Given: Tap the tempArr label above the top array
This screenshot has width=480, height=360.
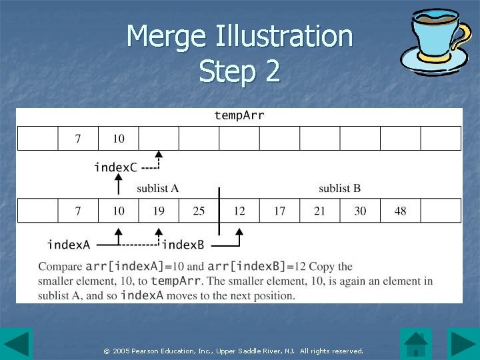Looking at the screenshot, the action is tap(239, 115).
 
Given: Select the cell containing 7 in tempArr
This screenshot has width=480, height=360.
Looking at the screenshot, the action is tap(78, 139).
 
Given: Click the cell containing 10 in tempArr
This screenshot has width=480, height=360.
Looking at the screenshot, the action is tap(118, 139).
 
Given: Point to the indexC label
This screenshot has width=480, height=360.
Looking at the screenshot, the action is tap(115, 167).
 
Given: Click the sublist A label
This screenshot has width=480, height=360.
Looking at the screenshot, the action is tap(157, 188).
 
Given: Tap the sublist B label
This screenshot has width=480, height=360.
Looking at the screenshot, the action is tap(339, 188).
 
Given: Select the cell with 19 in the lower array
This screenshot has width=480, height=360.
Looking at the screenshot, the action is tap(159, 211).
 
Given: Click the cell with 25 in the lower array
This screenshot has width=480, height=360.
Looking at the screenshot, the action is tap(199, 211).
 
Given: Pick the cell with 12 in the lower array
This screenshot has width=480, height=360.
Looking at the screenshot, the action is tap(239, 211).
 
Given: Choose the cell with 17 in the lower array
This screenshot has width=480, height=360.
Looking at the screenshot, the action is tap(279, 211).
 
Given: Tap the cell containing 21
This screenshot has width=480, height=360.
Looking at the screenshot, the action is tap(320, 211).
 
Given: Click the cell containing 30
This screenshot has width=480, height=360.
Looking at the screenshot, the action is tap(360, 211).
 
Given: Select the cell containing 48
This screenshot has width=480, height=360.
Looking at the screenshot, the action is tap(400, 211).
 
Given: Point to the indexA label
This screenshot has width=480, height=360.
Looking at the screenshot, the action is tap(68, 245).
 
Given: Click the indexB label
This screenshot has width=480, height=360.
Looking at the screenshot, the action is tap(183, 245).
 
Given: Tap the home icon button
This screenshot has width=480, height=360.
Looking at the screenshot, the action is tap(416, 344).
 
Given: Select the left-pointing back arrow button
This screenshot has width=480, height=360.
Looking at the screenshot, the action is tap(16, 344).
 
